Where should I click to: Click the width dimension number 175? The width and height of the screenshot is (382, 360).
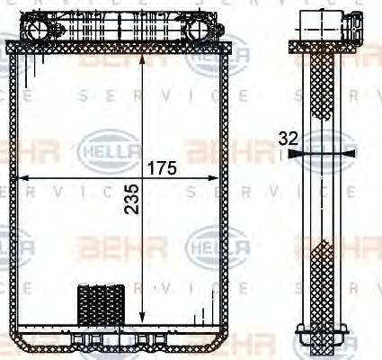click(162, 167)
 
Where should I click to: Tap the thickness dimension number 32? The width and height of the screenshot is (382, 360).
click(288, 139)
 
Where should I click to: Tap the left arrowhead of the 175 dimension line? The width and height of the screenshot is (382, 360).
click(24, 175)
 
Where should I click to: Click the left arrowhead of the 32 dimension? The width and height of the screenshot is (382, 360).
click(298, 154)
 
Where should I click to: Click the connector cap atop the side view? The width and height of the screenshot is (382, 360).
click(320, 23)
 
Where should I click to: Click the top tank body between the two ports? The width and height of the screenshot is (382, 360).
click(126, 27)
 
